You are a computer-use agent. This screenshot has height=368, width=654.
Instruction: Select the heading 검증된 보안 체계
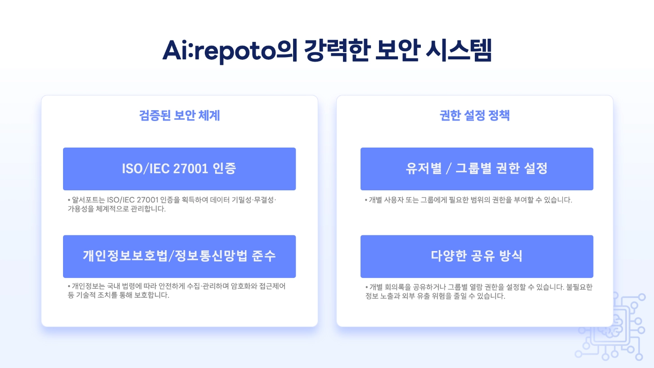point(180,116)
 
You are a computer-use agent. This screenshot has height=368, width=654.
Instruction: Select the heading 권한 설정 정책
point(474,116)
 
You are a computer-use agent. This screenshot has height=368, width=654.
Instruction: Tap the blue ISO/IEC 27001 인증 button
point(179,169)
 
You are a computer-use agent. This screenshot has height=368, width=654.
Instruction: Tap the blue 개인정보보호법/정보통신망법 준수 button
point(179,256)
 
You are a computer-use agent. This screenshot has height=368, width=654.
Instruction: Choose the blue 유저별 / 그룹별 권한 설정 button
point(477,169)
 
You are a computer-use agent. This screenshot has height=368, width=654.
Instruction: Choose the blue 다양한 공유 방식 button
point(477,256)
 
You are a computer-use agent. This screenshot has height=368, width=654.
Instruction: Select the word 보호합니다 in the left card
point(152,296)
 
